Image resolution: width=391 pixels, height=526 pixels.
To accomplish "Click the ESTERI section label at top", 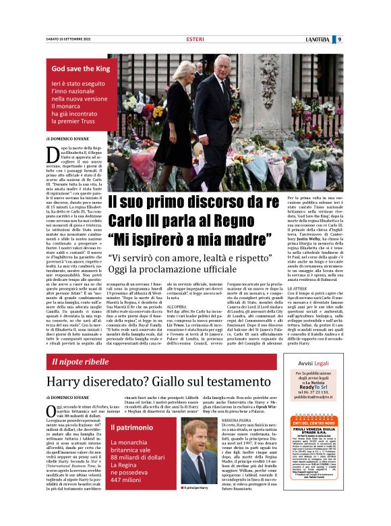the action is (195, 39).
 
